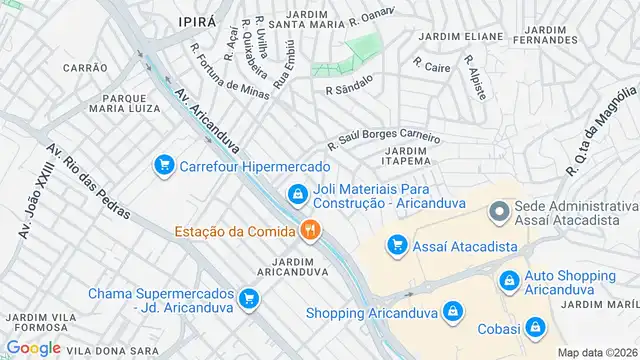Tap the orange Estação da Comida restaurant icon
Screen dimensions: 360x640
coord(310,231)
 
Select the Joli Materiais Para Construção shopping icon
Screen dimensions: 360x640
coord(296,194)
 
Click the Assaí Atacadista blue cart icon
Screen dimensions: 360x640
coord(397,245)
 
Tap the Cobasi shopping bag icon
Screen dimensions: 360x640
coord(536,326)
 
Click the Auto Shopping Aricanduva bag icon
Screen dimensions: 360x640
coord(509,280)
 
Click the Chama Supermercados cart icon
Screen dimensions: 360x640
coord(249,297)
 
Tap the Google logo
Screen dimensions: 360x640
coord(33,347)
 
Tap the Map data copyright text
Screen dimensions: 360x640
coord(596,352)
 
